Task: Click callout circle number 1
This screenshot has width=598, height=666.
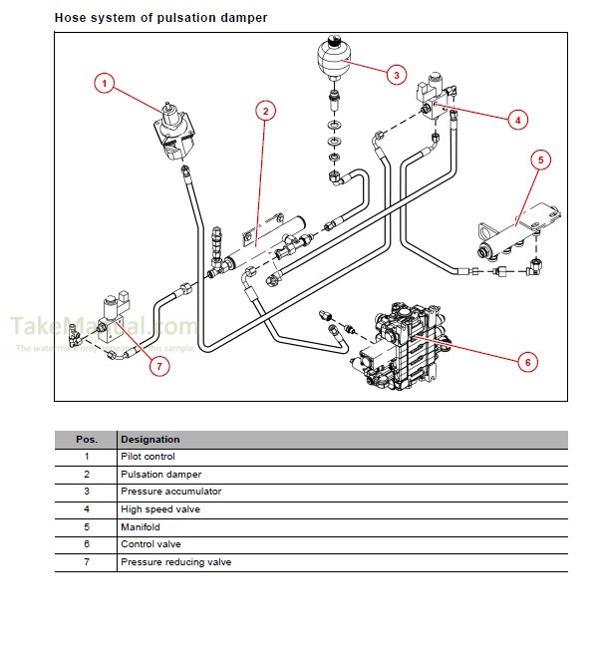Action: [x=105, y=83]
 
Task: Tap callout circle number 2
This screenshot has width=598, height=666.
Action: [x=265, y=111]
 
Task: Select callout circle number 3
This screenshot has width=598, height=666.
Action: [x=396, y=74]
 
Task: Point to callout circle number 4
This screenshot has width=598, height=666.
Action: [x=516, y=120]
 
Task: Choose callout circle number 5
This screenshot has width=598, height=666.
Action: [x=539, y=159]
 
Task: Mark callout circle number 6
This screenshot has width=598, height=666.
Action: [x=527, y=362]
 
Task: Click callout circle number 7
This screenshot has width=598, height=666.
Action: [x=156, y=366]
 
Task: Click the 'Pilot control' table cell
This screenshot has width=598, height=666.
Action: [x=147, y=457]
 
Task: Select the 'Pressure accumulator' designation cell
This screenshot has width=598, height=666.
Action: [x=170, y=492]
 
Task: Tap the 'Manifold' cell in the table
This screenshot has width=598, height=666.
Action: [x=141, y=526]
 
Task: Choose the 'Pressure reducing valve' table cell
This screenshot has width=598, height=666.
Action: [x=175, y=562]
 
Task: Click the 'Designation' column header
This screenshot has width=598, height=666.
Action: [x=150, y=439]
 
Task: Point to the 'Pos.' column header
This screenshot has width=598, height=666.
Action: [x=87, y=439]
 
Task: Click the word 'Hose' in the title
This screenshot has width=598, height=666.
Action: [x=70, y=17]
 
